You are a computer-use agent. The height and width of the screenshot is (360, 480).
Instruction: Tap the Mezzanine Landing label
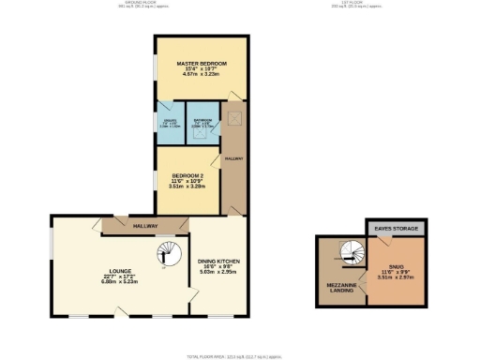click(x=339, y=286)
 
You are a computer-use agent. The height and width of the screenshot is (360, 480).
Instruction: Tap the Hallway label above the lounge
click(x=144, y=226)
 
